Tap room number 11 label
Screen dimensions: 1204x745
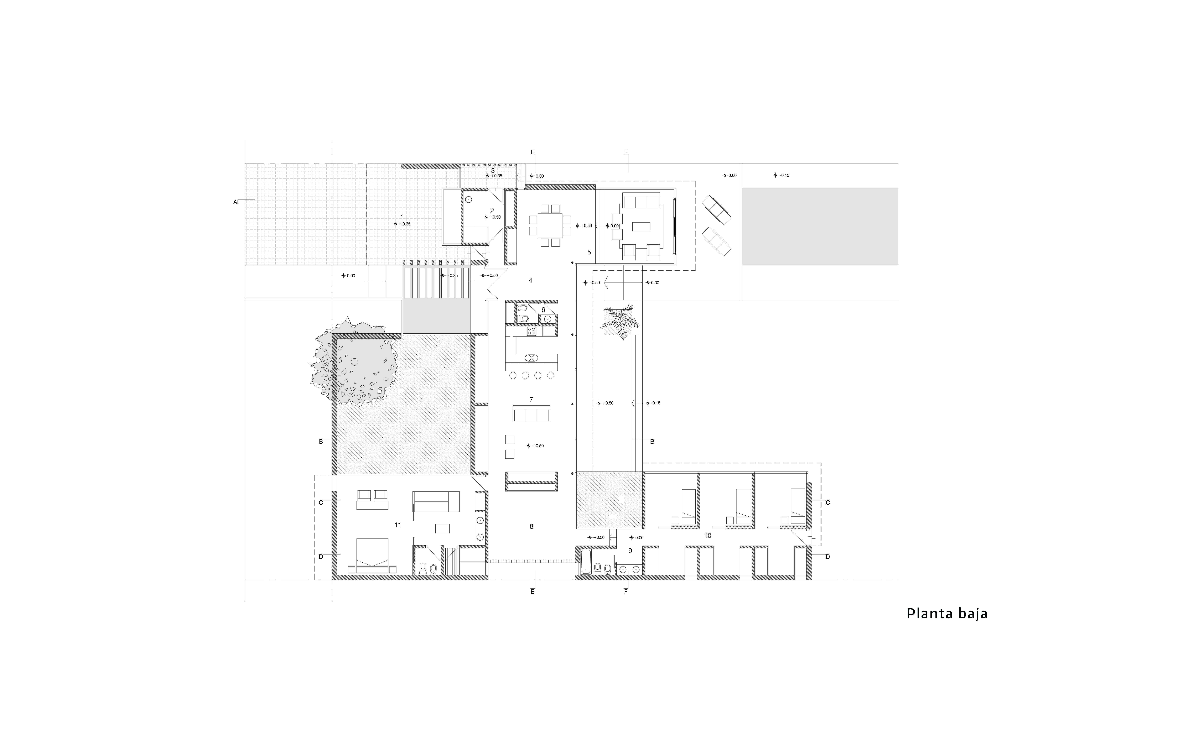[398, 525]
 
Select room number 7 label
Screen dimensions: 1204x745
[531, 400]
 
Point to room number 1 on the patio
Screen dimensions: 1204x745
[401, 217]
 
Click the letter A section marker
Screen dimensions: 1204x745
[235, 202]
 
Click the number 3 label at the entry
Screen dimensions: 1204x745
[493, 171]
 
